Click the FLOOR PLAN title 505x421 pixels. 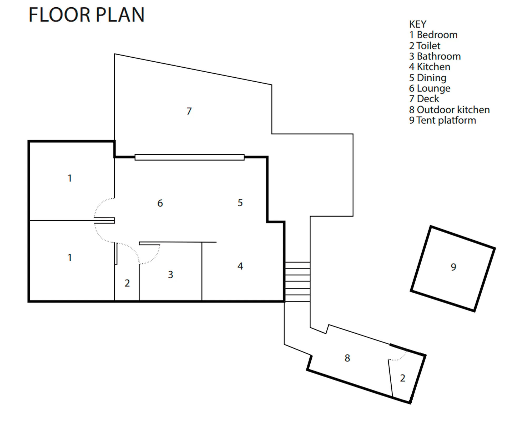click(87, 15)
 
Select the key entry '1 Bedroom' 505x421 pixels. click(433, 35)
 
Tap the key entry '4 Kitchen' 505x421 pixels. click(430, 67)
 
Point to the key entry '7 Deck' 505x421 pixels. click(424, 99)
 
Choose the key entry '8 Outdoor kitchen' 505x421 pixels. click(449, 109)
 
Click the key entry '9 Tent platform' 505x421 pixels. click(442, 120)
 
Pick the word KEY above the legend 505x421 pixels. click(418, 24)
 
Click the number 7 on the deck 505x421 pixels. click(189, 111)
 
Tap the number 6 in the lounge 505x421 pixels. click(160, 203)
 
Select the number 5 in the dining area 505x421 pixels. click(240, 203)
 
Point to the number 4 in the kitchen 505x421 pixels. click(240, 266)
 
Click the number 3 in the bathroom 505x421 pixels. click(170, 275)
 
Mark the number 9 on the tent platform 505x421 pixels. click(453, 267)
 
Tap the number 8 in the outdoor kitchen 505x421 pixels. click(347, 358)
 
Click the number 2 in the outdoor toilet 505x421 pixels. click(402, 378)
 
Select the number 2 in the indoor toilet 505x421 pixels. click(127, 283)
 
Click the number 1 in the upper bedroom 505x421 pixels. click(70, 178)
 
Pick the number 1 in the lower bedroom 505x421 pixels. click(70, 258)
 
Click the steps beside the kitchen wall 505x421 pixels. click(297, 282)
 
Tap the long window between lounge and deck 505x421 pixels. click(189, 157)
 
